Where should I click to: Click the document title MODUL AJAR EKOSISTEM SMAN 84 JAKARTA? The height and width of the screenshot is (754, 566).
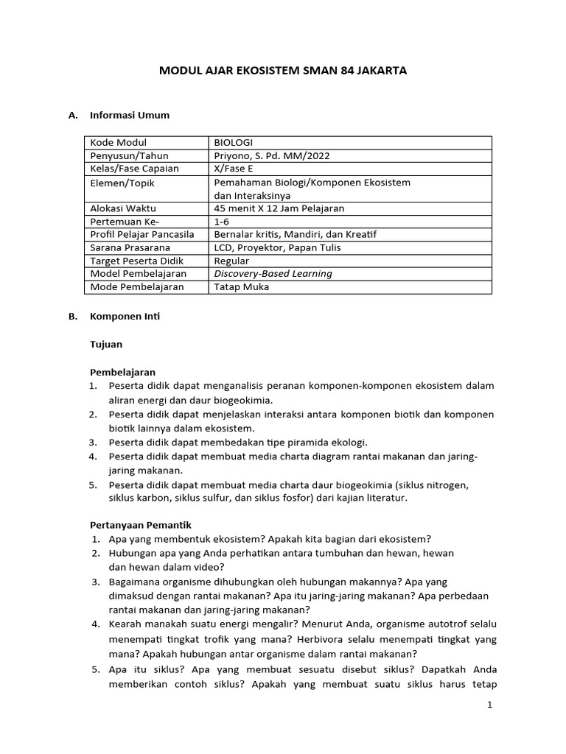283,71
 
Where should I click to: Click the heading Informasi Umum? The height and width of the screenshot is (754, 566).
129,116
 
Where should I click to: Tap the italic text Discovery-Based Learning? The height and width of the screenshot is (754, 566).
273,274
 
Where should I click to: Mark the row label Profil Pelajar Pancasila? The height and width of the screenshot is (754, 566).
141,234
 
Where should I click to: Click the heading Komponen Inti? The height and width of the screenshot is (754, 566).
124,317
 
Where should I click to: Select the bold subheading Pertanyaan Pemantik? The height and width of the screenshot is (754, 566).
141,525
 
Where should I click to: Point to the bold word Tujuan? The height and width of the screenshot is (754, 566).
106,344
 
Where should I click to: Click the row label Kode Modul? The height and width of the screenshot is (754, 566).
118,143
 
